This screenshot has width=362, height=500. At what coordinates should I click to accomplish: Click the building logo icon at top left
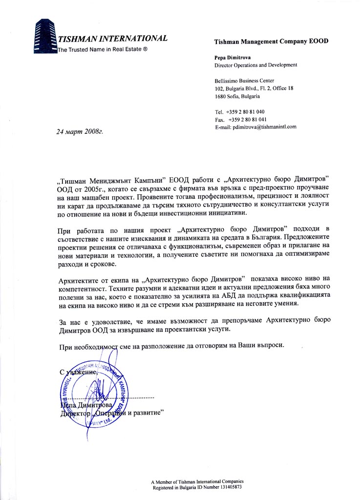tap(44, 36)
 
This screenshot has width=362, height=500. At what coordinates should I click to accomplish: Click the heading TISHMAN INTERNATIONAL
tap(113, 39)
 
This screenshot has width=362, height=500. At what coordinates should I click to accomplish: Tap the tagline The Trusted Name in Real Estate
tap(103, 50)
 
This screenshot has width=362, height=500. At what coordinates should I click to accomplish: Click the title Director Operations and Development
tap(256, 65)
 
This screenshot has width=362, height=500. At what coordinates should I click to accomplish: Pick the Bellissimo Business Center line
tap(244, 81)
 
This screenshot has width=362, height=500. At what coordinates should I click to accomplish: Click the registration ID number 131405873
tap(231, 487)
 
